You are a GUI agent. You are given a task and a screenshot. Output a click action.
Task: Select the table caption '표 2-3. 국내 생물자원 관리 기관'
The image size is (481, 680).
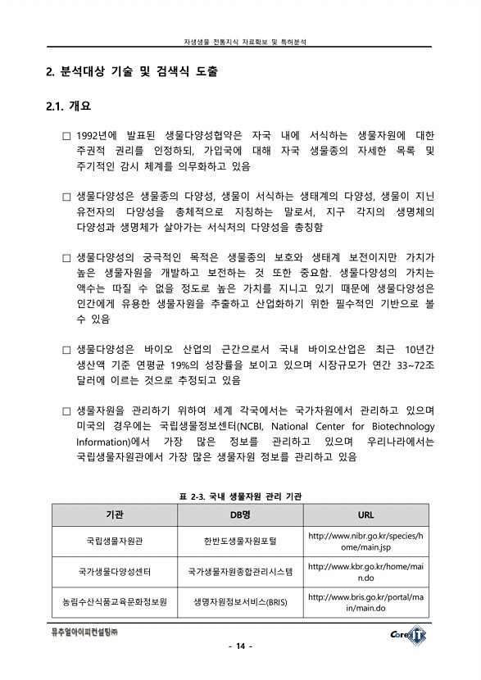pyautogui.click(x=240, y=496)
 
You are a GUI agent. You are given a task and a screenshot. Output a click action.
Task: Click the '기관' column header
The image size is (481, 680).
pyautogui.click(x=115, y=515)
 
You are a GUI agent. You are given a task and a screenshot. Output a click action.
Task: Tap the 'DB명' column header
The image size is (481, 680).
pyautogui.click(x=240, y=515)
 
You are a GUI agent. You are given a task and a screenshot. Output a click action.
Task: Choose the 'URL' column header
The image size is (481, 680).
pyautogui.click(x=365, y=515)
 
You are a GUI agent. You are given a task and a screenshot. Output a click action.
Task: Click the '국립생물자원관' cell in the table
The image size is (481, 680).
pyautogui.click(x=115, y=542)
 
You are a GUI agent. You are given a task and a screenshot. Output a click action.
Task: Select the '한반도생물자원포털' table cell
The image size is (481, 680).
pyautogui.click(x=240, y=542)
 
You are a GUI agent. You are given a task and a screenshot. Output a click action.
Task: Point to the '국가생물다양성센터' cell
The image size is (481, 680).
pyautogui.click(x=115, y=571)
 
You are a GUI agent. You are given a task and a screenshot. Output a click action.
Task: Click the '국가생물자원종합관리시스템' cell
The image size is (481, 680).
pyautogui.click(x=240, y=571)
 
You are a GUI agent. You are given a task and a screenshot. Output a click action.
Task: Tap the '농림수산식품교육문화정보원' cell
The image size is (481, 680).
pyautogui.click(x=115, y=601)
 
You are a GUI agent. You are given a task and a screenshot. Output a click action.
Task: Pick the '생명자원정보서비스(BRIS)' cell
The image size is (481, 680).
pyautogui.click(x=240, y=601)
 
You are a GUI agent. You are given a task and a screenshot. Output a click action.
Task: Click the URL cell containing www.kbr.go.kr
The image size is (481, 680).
pyautogui.click(x=365, y=571)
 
